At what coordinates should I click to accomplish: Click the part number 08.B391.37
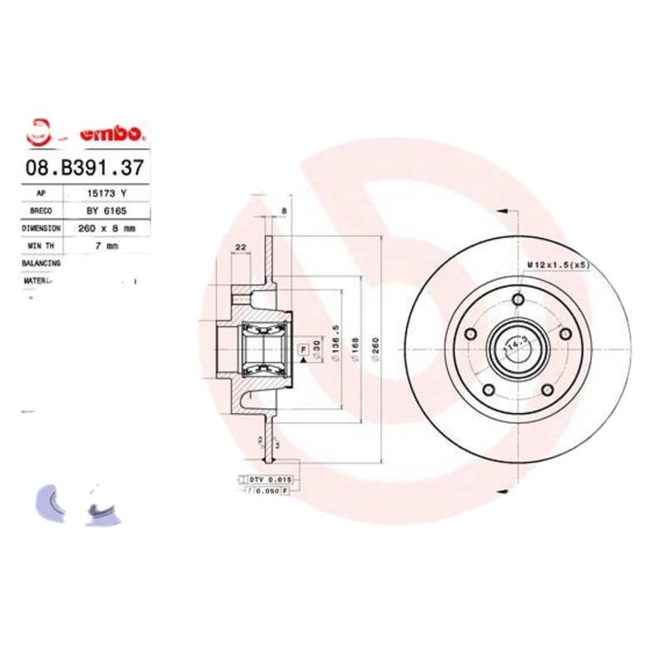[x=85, y=167]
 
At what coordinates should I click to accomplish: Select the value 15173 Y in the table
[x=107, y=193]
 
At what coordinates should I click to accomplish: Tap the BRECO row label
[x=41, y=211]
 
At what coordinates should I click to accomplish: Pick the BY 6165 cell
[x=107, y=211]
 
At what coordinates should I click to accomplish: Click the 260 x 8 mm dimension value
[x=107, y=228]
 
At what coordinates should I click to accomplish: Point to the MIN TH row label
[x=41, y=246]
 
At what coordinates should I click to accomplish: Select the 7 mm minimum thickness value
[x=107, y=246]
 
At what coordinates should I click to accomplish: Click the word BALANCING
[x=41, y=263]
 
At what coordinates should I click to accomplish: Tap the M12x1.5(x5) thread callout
[x=558, y=265]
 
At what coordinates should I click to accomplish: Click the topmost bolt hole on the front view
[x=518, y=300]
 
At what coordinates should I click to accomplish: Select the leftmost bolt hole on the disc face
[x=471, y=334]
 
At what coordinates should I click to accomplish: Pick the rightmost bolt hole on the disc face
[x=565, y=334]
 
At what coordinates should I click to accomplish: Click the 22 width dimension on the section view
[x=240, y=247]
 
